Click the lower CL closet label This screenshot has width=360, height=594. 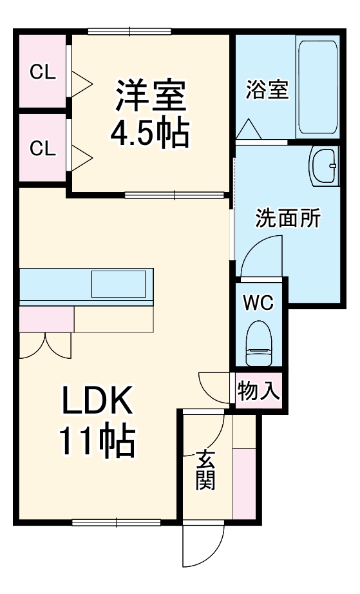[x=43, y=149]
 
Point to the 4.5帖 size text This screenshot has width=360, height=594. [x=150, y=133]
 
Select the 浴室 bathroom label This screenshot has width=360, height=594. [x=267, y=90]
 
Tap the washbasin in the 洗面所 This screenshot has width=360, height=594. [x=323, y=166]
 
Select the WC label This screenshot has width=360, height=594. [x=259, y=302]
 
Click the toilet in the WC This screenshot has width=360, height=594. [x=260, y=344]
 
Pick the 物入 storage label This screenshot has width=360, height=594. [x=259, y=390]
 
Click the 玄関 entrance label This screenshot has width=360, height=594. [x=205, y=470]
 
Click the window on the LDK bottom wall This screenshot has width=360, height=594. [x=117, y=521]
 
